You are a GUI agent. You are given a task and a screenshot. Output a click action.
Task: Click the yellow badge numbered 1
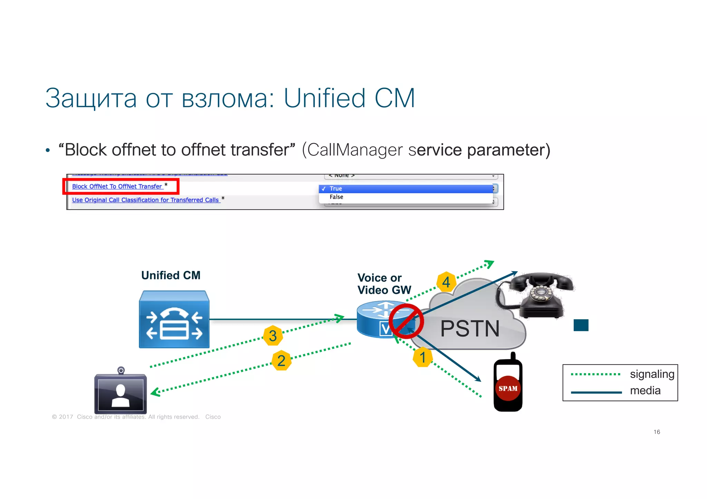coord(423,357)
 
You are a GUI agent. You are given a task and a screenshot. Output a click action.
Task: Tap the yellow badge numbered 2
coord(281,361)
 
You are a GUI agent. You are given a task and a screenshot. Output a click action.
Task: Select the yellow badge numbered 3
coord(273,336)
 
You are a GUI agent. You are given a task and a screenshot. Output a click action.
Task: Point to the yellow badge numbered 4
coord(446,282)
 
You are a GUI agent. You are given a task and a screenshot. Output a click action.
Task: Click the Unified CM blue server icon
coord(174,319)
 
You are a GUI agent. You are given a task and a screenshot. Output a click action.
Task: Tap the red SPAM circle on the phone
coord(508,388)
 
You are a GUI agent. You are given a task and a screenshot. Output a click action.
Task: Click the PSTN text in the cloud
coord(469,329)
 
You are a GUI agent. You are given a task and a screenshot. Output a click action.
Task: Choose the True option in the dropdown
coord(336,189)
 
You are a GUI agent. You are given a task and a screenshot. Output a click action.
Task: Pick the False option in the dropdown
coord(336,197)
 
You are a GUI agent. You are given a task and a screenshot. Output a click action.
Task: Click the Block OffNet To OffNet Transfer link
coord(117,187)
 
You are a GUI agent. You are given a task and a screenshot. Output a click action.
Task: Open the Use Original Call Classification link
coord(145,200)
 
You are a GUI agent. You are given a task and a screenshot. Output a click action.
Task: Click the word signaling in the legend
coord(652,374)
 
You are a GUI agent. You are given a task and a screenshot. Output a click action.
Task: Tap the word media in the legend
coord(645,391)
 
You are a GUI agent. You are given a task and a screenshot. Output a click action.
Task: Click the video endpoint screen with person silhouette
coord(120,393)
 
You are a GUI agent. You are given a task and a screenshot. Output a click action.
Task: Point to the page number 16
coord(657,432)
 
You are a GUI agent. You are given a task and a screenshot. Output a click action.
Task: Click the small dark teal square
coord(581,325)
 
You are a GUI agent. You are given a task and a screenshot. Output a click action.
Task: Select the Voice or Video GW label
coord(384,284)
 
